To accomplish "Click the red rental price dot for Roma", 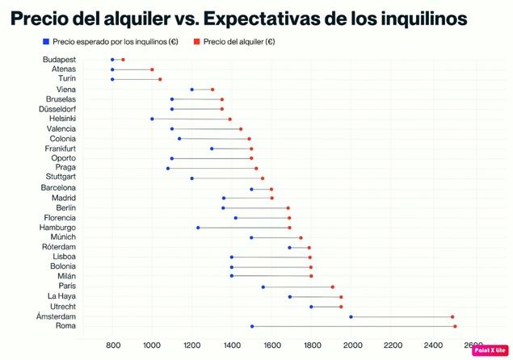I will (455, 326).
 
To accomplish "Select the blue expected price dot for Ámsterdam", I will (351, 316).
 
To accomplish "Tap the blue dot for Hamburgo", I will (198, 228).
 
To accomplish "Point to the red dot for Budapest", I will (123, 60).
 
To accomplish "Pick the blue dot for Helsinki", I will (152, 119).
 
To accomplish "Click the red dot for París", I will (332, 287).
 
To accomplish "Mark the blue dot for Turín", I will (112, 79).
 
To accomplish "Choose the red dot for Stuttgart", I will (263, 178).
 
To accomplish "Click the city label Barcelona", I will (58, 187).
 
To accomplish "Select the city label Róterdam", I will (59, 247).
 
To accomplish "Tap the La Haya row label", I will (62, 296).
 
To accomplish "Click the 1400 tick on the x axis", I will (232, 345).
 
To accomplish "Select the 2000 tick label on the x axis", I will (352, 345).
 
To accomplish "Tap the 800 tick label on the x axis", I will (112, 345).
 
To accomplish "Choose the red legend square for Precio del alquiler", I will (197, 41).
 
